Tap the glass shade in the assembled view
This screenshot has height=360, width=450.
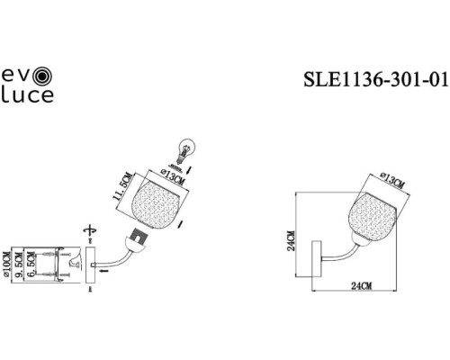[x=370, y=211]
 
